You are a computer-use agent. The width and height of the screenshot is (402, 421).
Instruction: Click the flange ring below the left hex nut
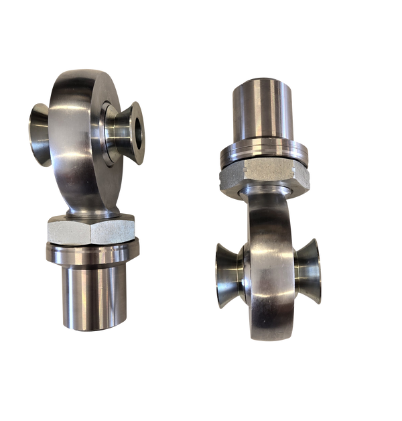(x=92, y=253)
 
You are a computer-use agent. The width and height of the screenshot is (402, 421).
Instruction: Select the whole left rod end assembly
(x=87, y=201)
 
